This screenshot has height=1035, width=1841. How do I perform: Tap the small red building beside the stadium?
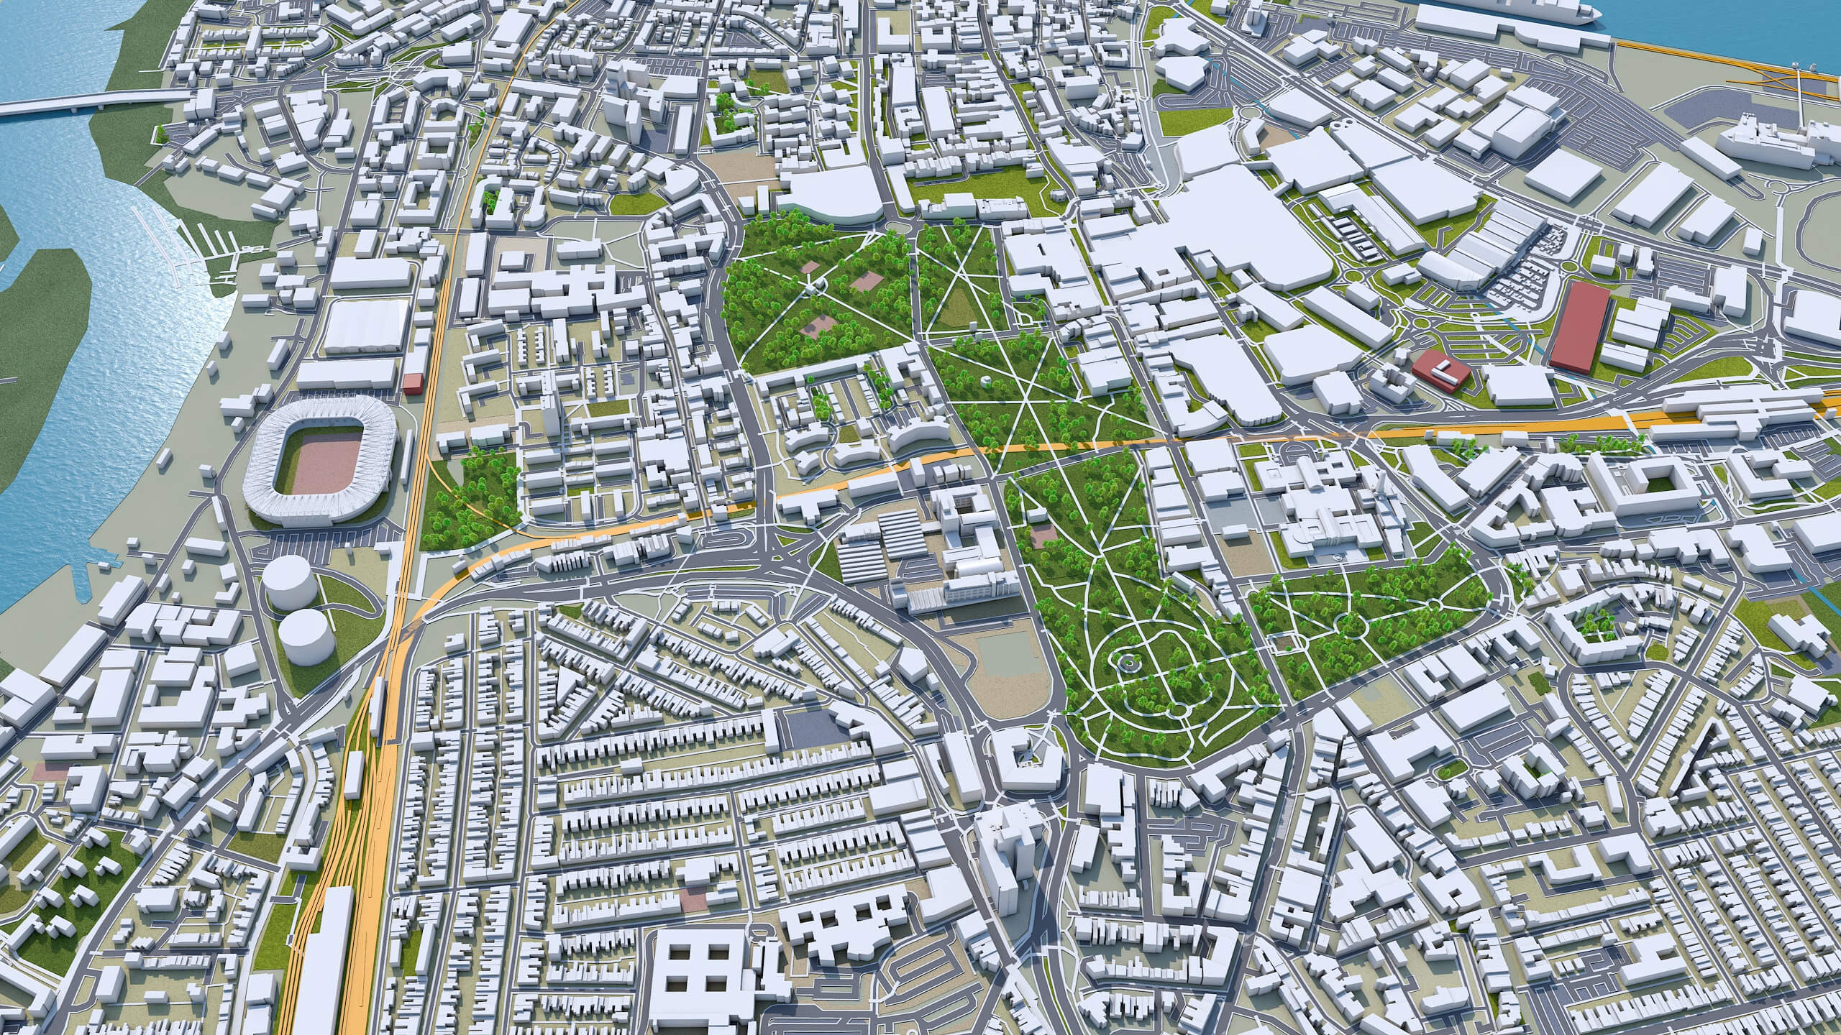coord(413,383)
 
